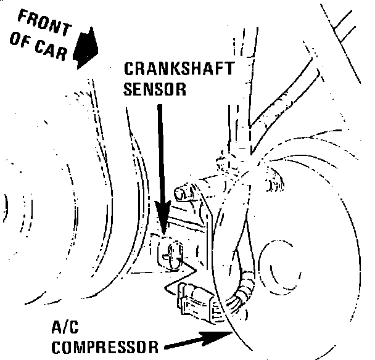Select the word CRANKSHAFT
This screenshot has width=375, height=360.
[x=179, y=68]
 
